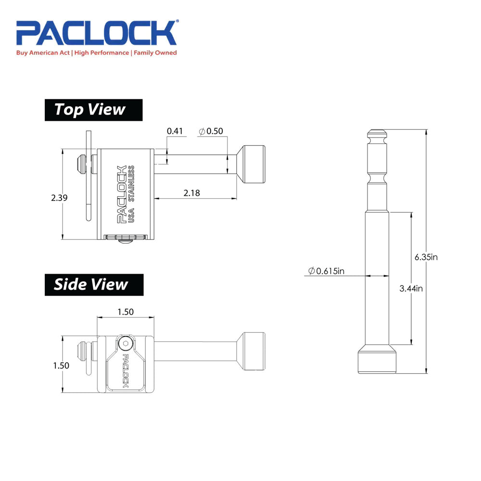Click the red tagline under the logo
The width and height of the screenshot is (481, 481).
pyautogui.click(x=96, y=53)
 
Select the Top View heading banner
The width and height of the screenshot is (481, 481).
pyautogui.click(x=94, y=110)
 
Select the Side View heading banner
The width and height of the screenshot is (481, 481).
pyautogui.click(x=94, y=284)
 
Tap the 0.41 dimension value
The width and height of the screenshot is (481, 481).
pyautogui.click(x=175, y=131)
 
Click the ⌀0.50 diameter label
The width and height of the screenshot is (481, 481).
pyautogui.click(x=211, y=131)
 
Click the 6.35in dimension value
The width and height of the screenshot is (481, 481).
pyautogui.click(x=426, y=256)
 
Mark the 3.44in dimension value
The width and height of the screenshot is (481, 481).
pyautogui.click(x=411, y=289)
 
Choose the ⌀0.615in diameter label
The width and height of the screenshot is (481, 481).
pyautogui.click(x=327, y=271)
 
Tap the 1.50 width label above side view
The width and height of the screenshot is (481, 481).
pyautogui.click(x=125, y=312)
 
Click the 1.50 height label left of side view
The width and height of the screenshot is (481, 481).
pyautogui.click(x=61, y=365)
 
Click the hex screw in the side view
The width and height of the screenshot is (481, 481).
pyautogui.click(x=126, y=343)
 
